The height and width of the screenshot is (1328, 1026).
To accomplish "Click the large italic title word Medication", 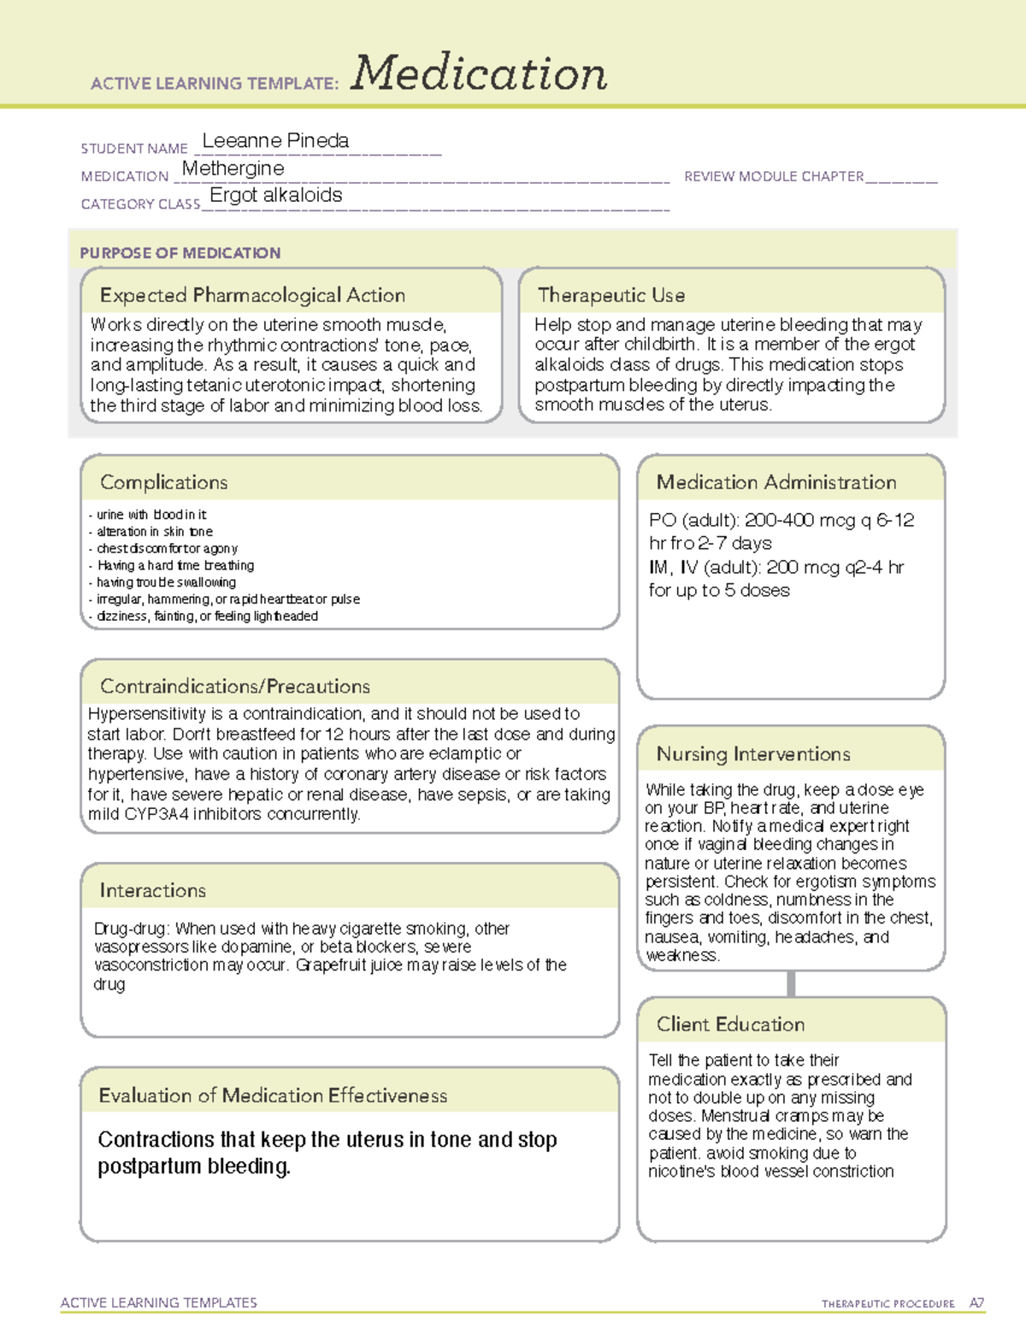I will (479, 74).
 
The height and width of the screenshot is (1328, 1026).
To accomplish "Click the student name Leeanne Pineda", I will (275, 141).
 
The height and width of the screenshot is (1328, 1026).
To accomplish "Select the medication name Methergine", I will (233, 168).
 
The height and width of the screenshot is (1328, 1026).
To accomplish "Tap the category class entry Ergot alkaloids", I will (276, 196).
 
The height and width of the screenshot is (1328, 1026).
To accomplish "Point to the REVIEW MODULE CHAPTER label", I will (774, 177).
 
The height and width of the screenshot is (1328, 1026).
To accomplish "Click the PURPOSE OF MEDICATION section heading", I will (180, 253).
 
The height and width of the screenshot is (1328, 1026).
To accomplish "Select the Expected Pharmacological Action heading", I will (252, 296).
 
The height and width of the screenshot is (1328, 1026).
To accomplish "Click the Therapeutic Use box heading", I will (611, 296).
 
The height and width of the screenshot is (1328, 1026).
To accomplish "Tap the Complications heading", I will (164, 483).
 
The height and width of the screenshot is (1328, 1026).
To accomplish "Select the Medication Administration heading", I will (776, 483).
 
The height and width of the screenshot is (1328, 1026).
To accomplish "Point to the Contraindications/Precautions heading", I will (235, 687).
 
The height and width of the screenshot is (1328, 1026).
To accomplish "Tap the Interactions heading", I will (153, 891).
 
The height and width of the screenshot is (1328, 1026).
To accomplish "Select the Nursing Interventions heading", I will (753, 754).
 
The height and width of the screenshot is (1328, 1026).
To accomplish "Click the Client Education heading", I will (731, 1024).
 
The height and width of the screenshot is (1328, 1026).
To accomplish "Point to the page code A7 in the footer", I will (976, 1303).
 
